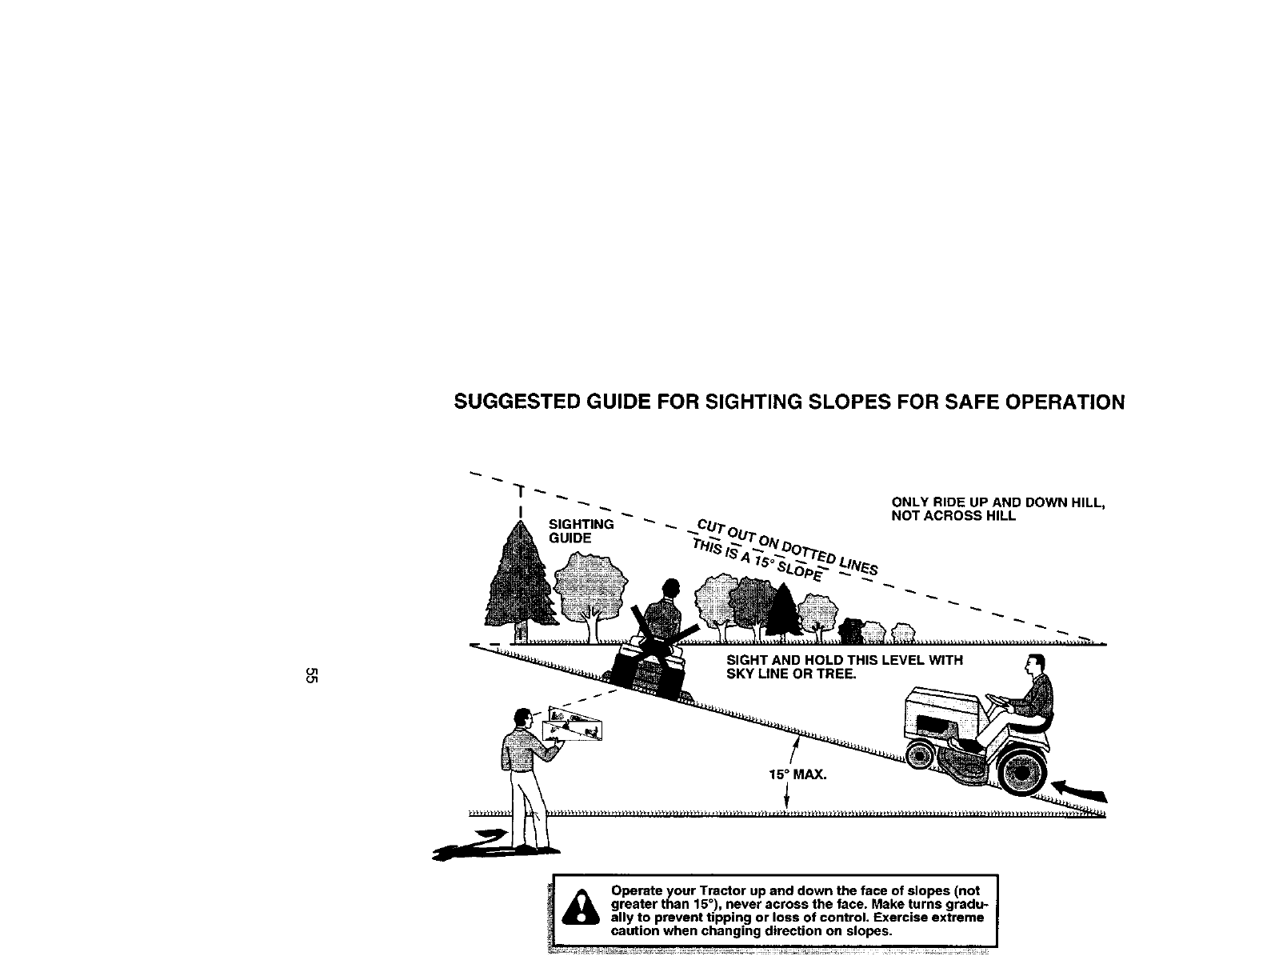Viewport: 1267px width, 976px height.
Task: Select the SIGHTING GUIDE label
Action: tap(580, 531)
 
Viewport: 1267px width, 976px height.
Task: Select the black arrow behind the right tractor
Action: tap(1080, 791)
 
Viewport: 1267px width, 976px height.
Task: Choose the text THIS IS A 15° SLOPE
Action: tap(758, 558)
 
